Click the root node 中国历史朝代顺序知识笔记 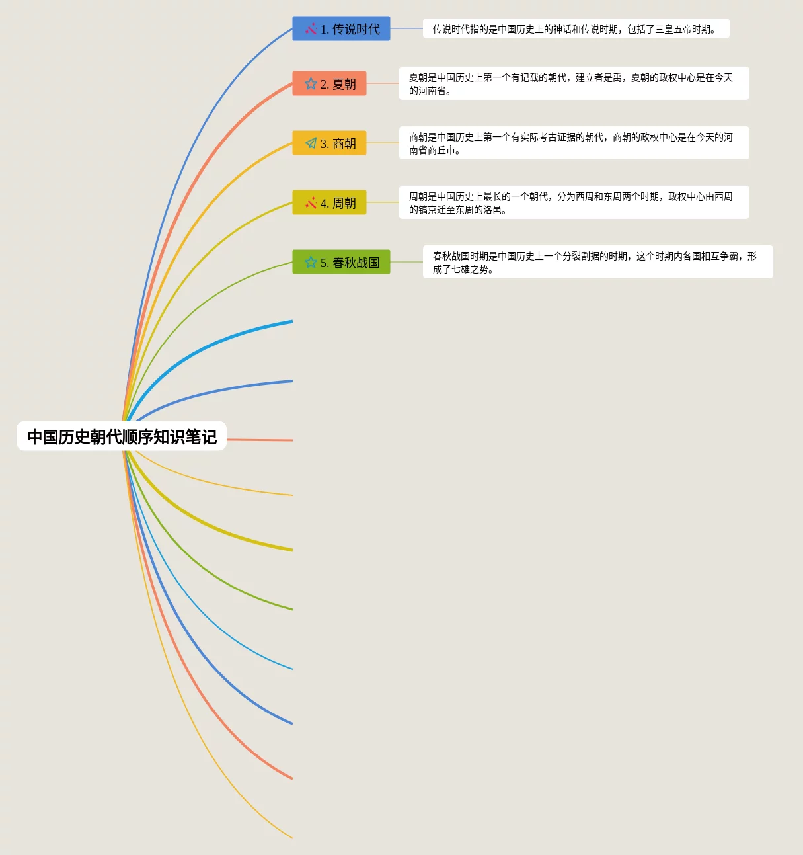(x=122, y=436)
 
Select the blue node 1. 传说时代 (x=341, y=29)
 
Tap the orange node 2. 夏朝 (x=329, y=84)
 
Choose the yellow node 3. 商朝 (x=329, y=143)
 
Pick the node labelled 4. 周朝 (x=329, y=203)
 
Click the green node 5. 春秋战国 (x=341, y=263)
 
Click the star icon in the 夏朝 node (x=311, y=84)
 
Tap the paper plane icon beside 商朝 (x=311, y=143)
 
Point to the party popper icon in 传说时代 (x=311, y=29)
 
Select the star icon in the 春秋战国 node (x=311, y=263)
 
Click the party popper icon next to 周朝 (x=311, y=203)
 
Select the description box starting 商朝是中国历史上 (x=574, y=143)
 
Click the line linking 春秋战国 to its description (x=406, y=262)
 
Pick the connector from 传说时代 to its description (x=406, y=28)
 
